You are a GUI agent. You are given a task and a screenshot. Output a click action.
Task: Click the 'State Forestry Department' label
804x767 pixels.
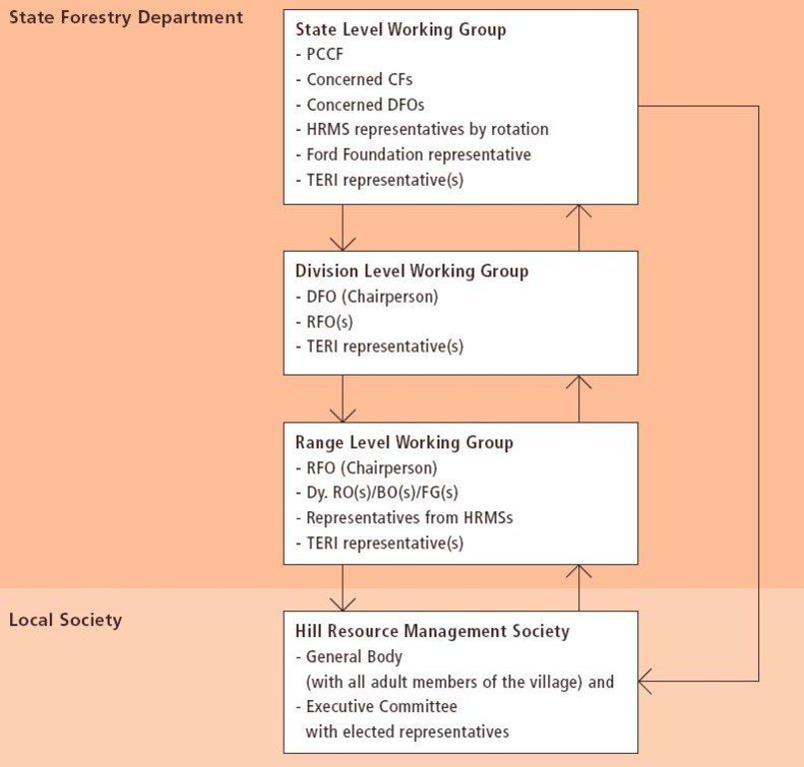(126, 18)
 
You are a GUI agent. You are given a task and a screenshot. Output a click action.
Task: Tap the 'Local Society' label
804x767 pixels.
(66, 620)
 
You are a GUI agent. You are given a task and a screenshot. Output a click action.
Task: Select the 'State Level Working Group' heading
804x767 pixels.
(401, 30)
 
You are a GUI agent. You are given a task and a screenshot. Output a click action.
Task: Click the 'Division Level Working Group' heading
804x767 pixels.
(411, 272)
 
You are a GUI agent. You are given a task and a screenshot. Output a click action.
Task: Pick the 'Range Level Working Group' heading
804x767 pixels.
(404, 443)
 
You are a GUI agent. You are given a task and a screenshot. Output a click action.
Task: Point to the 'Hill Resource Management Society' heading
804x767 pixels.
(432, 631)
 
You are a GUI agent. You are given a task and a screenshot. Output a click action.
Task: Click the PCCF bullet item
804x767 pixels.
(320, 54)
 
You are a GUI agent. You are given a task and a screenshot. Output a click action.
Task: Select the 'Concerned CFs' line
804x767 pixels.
(355, 80)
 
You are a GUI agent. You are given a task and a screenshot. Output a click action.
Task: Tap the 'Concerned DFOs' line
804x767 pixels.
(360, 105)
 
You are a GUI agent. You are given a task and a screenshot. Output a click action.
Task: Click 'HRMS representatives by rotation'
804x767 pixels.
(422, 129)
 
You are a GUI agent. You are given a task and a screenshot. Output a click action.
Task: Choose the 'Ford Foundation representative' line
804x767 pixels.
(413, 155)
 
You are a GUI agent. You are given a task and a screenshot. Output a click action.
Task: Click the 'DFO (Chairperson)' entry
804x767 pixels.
(368, 297)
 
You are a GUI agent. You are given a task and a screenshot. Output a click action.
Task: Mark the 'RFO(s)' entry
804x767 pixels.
(325, 323)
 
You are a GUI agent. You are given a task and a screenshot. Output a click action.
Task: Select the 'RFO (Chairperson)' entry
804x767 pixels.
(367, 468)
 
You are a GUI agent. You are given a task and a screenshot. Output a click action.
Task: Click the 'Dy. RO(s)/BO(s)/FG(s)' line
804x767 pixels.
(377, 492)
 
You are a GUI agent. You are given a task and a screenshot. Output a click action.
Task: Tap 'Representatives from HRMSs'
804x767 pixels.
(404, 518)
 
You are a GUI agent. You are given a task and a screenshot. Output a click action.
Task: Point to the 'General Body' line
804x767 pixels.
(350, 657)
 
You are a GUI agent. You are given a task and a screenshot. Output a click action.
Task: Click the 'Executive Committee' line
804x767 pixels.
(377, 707)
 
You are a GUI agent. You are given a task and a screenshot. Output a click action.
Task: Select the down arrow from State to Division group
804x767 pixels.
(343, 228)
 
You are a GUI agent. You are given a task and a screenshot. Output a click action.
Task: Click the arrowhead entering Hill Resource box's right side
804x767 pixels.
(644, 681)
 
